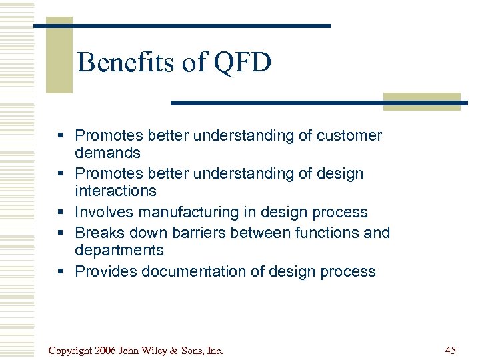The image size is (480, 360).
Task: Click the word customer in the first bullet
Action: [x=349, y=136]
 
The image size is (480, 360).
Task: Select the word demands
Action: [x=108, y=153]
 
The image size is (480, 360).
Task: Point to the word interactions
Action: [x=115, y=191]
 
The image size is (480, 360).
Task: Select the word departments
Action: [x=119, y=251]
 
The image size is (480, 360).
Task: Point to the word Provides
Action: [x=103, y=272]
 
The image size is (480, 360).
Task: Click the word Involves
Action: [x=102, y=213]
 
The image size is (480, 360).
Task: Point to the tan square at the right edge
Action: [x=421, y=101]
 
